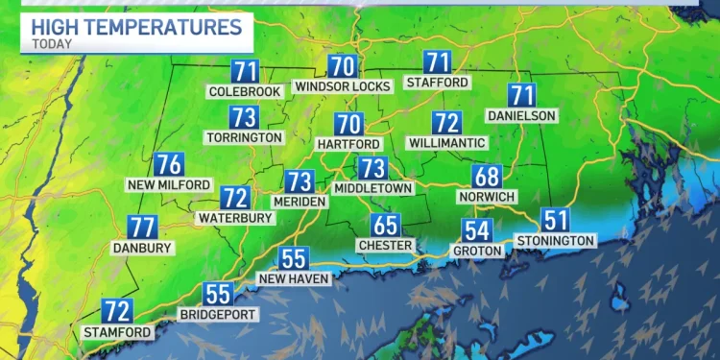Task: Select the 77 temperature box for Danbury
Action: click(143, 228)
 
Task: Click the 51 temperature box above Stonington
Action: click(556, 220)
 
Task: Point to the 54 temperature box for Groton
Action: click(478, 230)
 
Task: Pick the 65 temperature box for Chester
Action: click(386, 226)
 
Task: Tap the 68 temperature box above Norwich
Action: click(487, 177)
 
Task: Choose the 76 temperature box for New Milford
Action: click(169, 164)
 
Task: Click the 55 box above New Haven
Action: click(293, 258)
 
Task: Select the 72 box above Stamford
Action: click(117, 311)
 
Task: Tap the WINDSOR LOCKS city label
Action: click(343, 86)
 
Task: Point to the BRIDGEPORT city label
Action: click(216, 314)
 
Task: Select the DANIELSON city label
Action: click(522, 114)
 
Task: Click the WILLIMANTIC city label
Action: click(445, 142)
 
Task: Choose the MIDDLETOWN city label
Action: click(372, 188)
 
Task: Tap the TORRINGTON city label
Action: click(245, 137)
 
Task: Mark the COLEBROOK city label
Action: click(245, 91)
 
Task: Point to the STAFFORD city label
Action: click(438, 83)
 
